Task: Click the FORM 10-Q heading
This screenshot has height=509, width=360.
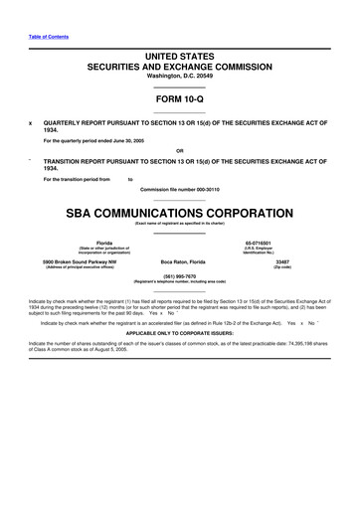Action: tap(180, 99)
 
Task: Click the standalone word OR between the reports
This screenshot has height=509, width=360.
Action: tap(180, 150)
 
